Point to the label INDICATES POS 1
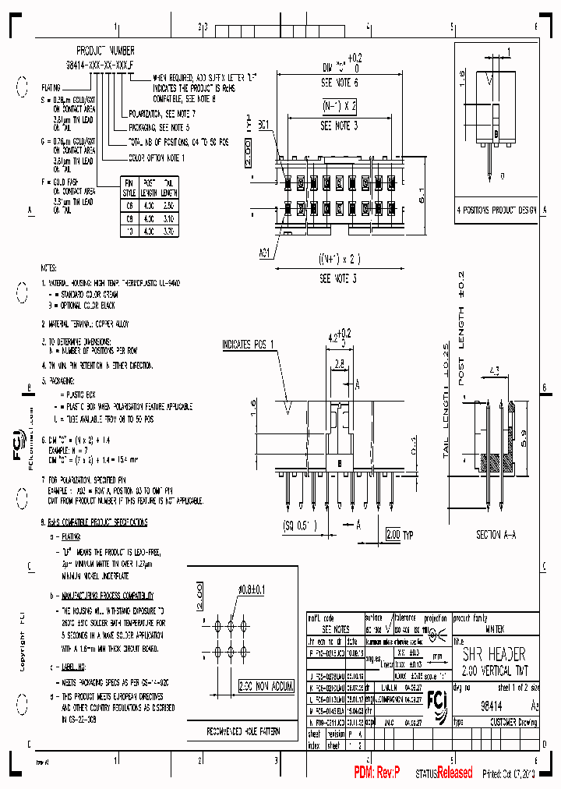[x=249, y=344]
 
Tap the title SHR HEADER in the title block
[x=494, y=654]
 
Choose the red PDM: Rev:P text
[x=377, y=773]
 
